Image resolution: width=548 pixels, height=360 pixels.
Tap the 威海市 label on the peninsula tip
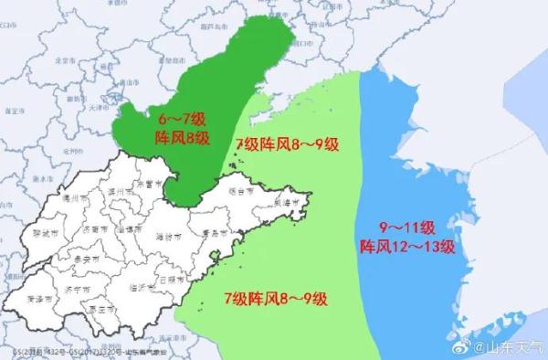point(291,201)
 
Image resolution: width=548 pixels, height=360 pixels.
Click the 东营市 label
point(144,185)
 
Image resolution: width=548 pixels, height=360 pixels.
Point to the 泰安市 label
point(89,258)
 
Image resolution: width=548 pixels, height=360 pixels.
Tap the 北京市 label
point(65,61)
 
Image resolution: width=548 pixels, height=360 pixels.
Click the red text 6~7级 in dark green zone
point(183,120)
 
